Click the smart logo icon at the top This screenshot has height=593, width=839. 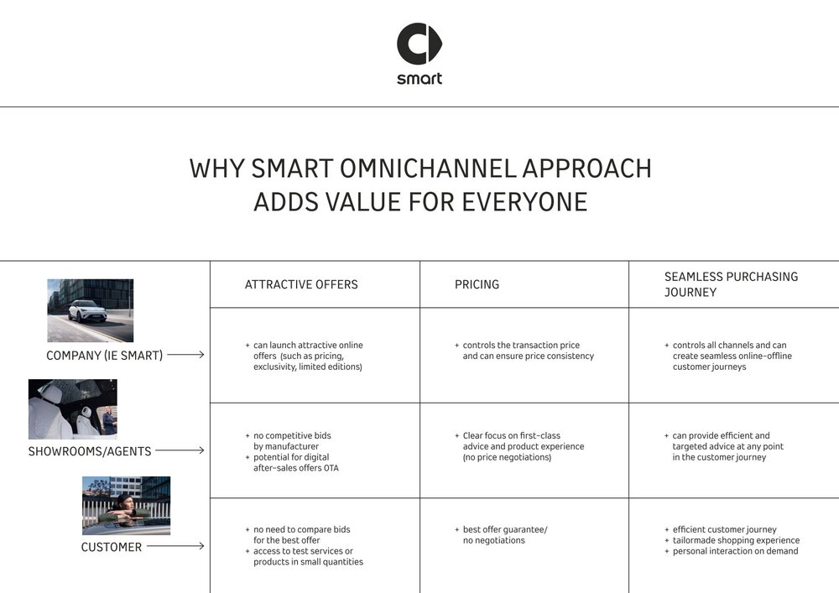pos(419,44)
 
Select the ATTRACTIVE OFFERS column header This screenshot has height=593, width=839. pos(301,284)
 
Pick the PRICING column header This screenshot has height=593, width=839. pos(477,284)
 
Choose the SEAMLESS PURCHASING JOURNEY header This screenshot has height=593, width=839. pos(731,284)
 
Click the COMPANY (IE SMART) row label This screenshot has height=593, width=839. pos(105,356)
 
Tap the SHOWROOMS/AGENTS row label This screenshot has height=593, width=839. pos(90,451)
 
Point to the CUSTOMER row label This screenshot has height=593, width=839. pos(111,548)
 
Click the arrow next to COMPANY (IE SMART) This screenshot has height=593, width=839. pos(185,355)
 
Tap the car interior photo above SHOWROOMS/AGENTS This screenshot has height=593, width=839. pos(72,409)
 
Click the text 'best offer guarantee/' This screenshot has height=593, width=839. pos(505,530)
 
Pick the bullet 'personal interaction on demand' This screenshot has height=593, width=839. pos(735,551)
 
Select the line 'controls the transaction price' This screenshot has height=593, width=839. pos(521,346)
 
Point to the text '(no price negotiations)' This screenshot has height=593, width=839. pos(507,458)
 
